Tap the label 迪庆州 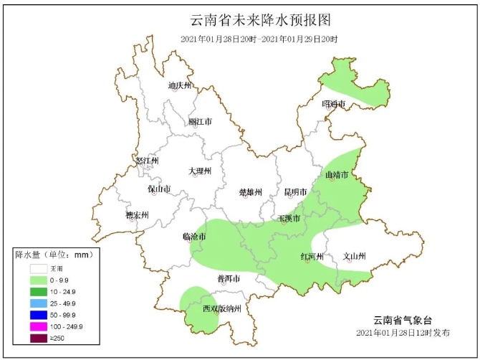point(180,86)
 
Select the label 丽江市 point(200,122)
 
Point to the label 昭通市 point(333,105)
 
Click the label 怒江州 point(146,161)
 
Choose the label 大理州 point(200,171)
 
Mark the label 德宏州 point(137,215)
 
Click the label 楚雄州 point(250,192)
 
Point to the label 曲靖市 point(336,175)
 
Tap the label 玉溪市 point(289,218)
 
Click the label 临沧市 point(194,237)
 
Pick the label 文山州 point(354,256)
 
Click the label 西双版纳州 point(216,309)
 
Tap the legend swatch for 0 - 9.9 point(38,279)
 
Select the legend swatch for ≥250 point(38,338)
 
